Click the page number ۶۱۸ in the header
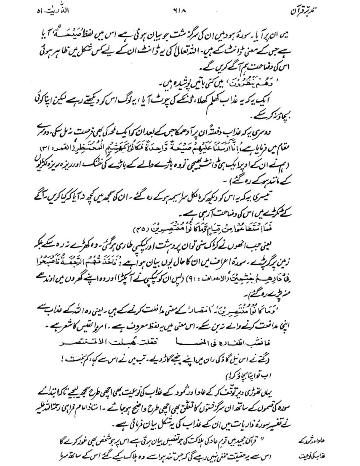pyautogui.click(x=180, y=10)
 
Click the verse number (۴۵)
pyautogui.click(x=133, y=229)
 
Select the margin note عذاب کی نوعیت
pyautogui.click(x=313, y=457)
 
